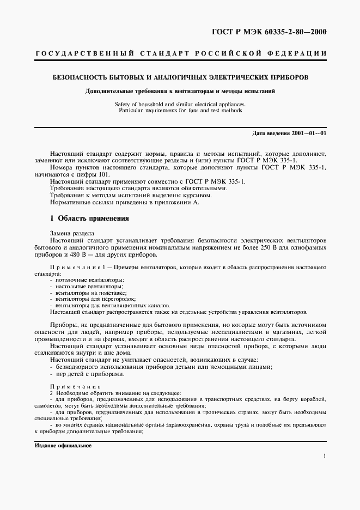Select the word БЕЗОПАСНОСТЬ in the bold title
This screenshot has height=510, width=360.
point(77,77)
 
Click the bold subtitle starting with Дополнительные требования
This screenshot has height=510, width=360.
point(180,91)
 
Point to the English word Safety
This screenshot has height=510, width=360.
point(124,104)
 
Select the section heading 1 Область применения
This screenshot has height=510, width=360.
point(89,218)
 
